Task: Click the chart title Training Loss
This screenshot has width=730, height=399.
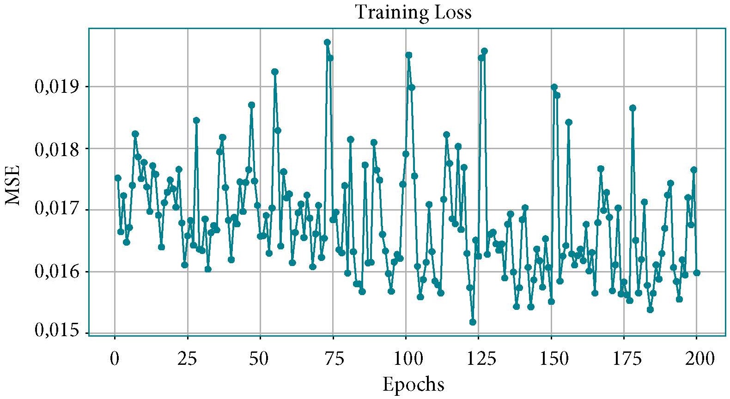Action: (x=413, y=12)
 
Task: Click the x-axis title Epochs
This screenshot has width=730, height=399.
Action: (x=413, y=384)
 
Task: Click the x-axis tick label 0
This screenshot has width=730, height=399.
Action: (x=115, y=359)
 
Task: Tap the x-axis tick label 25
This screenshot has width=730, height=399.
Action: (x=187, y=359)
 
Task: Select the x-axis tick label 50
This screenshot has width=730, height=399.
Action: (x=260, y=359)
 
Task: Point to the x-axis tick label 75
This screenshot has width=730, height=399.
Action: (x=333, y=359)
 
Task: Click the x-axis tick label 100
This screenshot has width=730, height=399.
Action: (x=406, y=359)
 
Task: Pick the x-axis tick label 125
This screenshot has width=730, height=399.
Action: (x=478, y=359)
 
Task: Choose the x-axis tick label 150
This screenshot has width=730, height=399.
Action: (x=551, y=359)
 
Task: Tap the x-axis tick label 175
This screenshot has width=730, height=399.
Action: (x=624, y=359)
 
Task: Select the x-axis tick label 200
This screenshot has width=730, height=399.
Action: (x=697, y=359)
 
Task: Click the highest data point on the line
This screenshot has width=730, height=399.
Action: (x=327, y=42)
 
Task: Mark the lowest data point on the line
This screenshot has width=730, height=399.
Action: (x=473, y=322)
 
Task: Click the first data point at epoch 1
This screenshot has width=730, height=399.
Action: (x=118, y=178)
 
